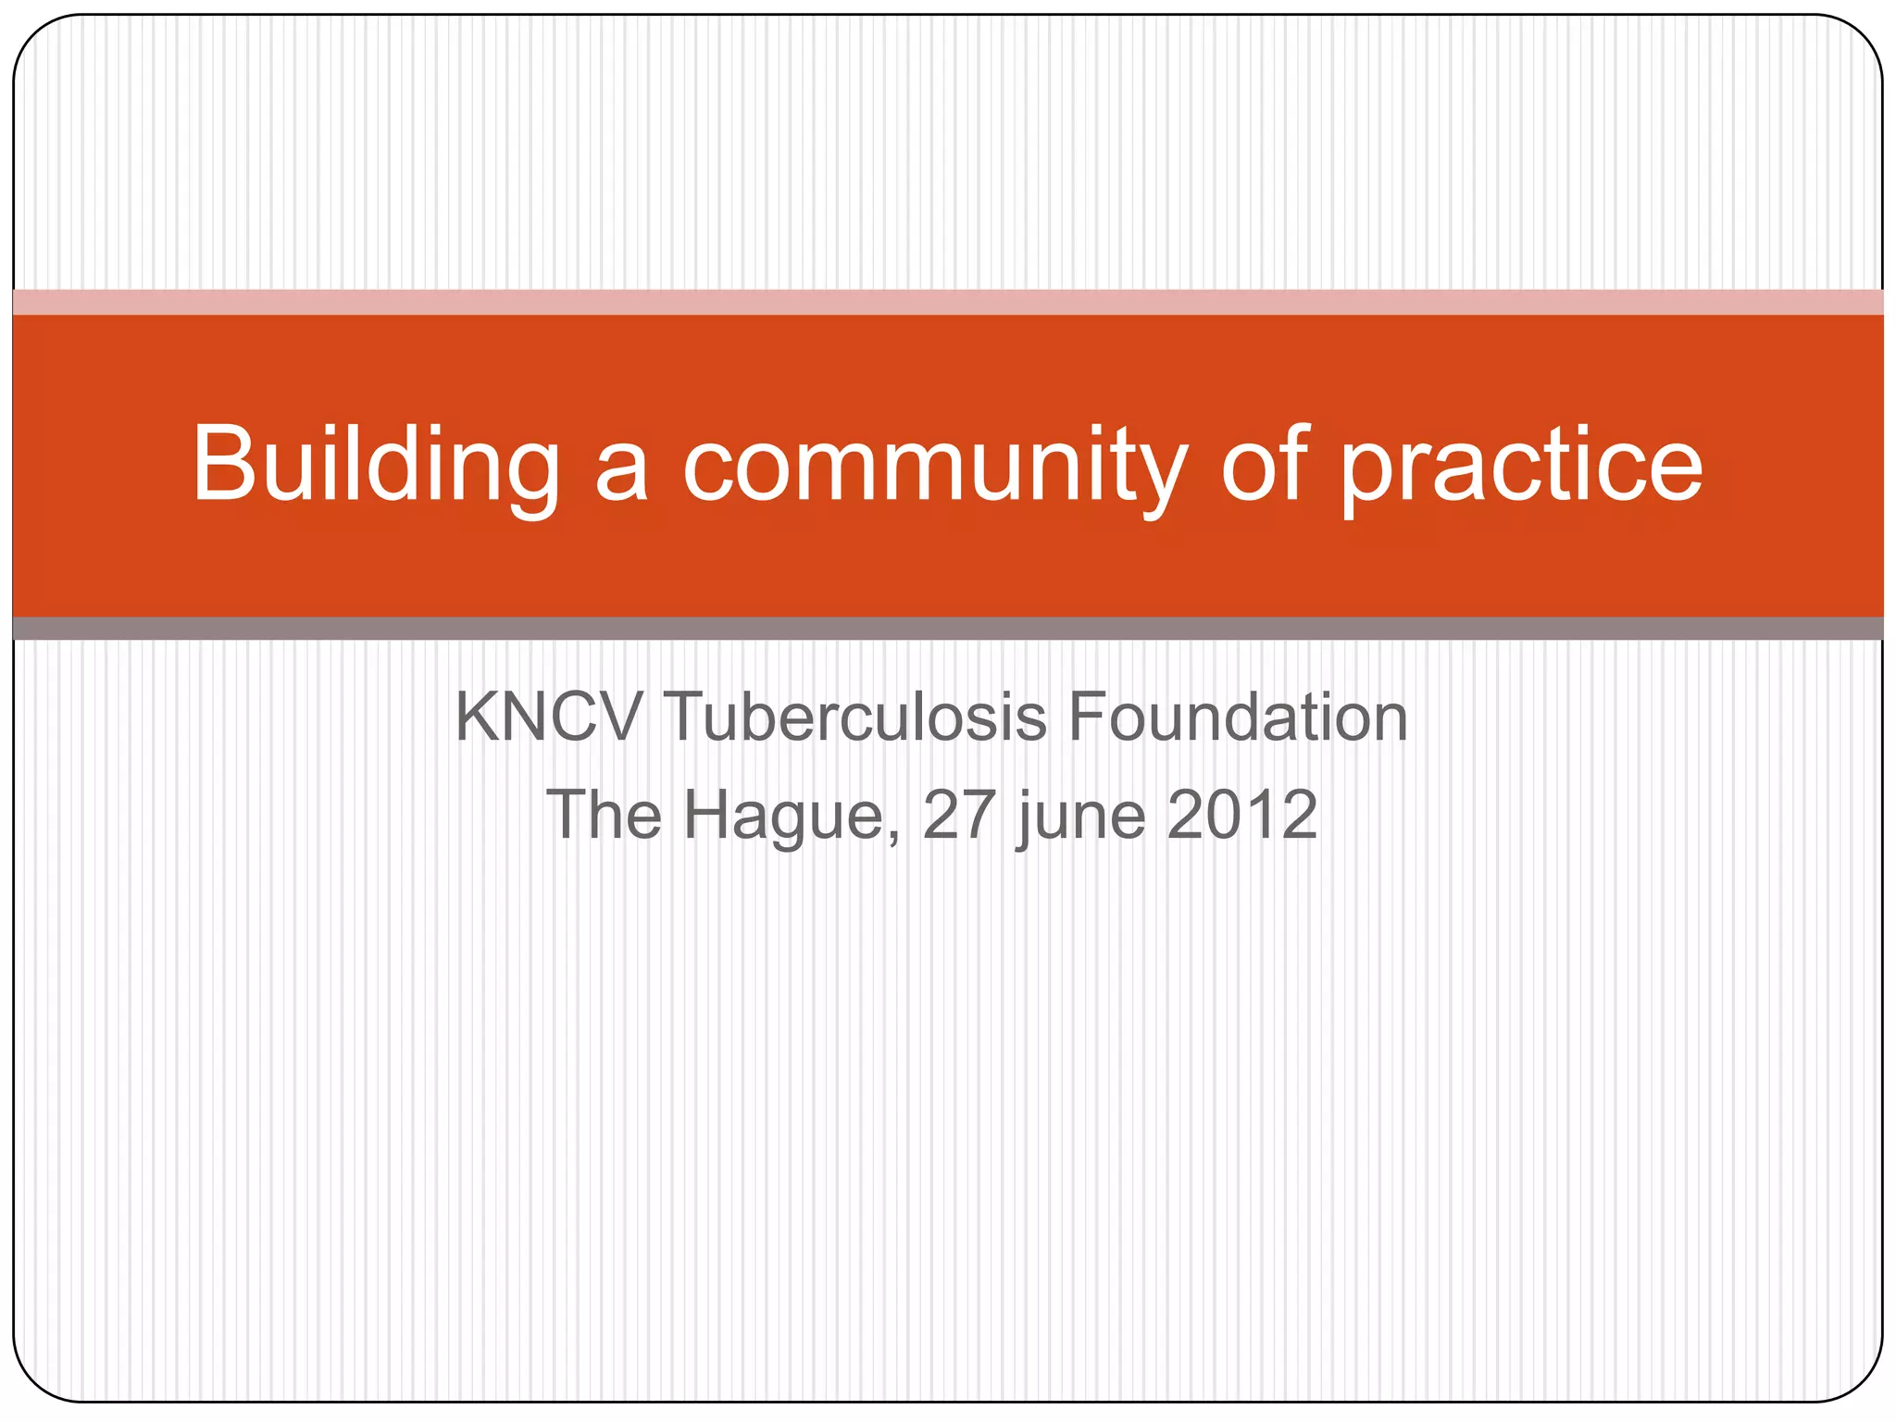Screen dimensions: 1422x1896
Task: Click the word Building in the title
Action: tap(376, 466)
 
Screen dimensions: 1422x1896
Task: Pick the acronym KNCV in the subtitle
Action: tap(549, 717)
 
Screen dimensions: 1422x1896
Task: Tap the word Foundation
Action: tap(1238, 717)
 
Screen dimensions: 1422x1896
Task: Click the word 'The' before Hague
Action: tap(604, 815)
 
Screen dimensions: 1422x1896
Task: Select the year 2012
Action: tap(1241, 815)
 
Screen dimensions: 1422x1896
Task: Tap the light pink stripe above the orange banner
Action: tap(948, 302)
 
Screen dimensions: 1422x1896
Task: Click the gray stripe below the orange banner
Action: tap(948, 629)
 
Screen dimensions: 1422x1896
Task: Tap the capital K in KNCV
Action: tap(478, 717)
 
